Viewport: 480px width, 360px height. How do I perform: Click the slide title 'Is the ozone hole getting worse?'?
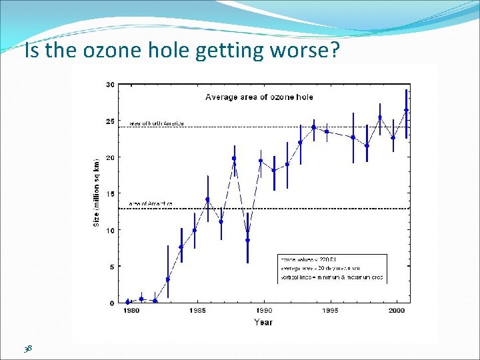[181, 51]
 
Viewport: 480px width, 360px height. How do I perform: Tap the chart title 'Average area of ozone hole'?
[259, 97]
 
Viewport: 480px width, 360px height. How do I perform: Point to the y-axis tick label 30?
[110, 85]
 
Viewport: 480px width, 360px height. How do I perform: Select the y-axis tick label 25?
[110, 121]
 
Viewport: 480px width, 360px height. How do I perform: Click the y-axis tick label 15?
[110, 194]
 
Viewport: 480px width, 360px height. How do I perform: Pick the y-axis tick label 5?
[112, 267]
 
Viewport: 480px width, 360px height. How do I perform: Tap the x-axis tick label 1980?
[131, 311]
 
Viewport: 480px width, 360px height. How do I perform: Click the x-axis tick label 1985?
[197, 311]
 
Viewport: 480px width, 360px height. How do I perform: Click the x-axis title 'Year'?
[263, 323]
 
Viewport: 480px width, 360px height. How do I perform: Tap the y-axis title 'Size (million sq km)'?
[96, 193]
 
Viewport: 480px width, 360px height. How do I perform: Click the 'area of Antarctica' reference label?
[151, 203]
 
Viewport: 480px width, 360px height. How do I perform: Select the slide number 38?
[29, 348]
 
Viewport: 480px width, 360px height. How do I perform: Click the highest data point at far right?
[406, 110]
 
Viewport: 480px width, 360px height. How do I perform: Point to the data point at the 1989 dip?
[247, 240]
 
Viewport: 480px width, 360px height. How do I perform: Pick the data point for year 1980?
[128, 301]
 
